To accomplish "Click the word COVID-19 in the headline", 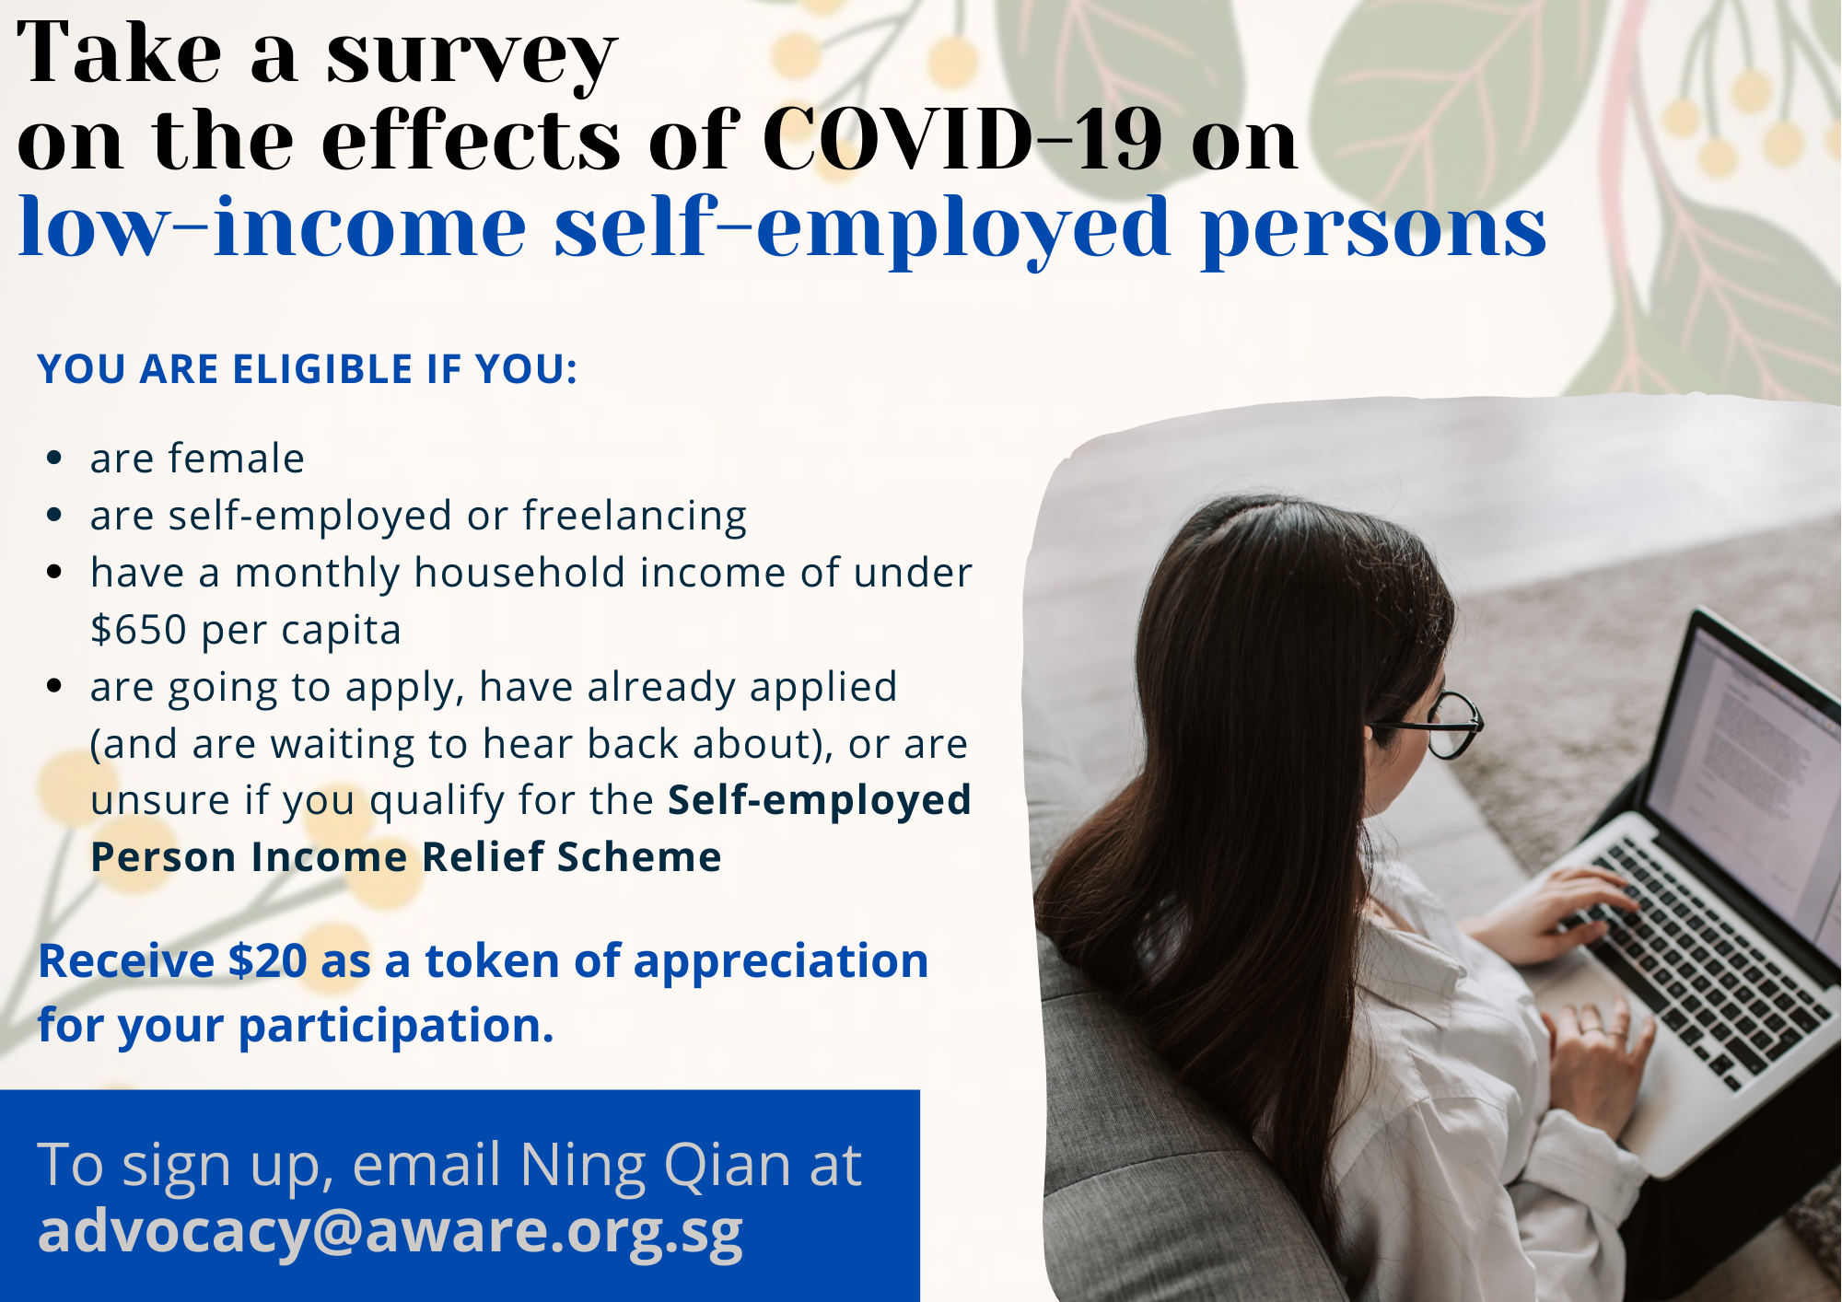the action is point(962,139).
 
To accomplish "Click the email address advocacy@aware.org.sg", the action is point(391,1231).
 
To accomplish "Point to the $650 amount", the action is point(139,630).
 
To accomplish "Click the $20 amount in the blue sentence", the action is point(267,960).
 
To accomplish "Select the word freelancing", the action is point(635,516).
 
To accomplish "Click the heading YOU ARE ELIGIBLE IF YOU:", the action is point(308,369).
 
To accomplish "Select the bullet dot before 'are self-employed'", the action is point(54,515).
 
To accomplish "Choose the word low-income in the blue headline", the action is point(273,227).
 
